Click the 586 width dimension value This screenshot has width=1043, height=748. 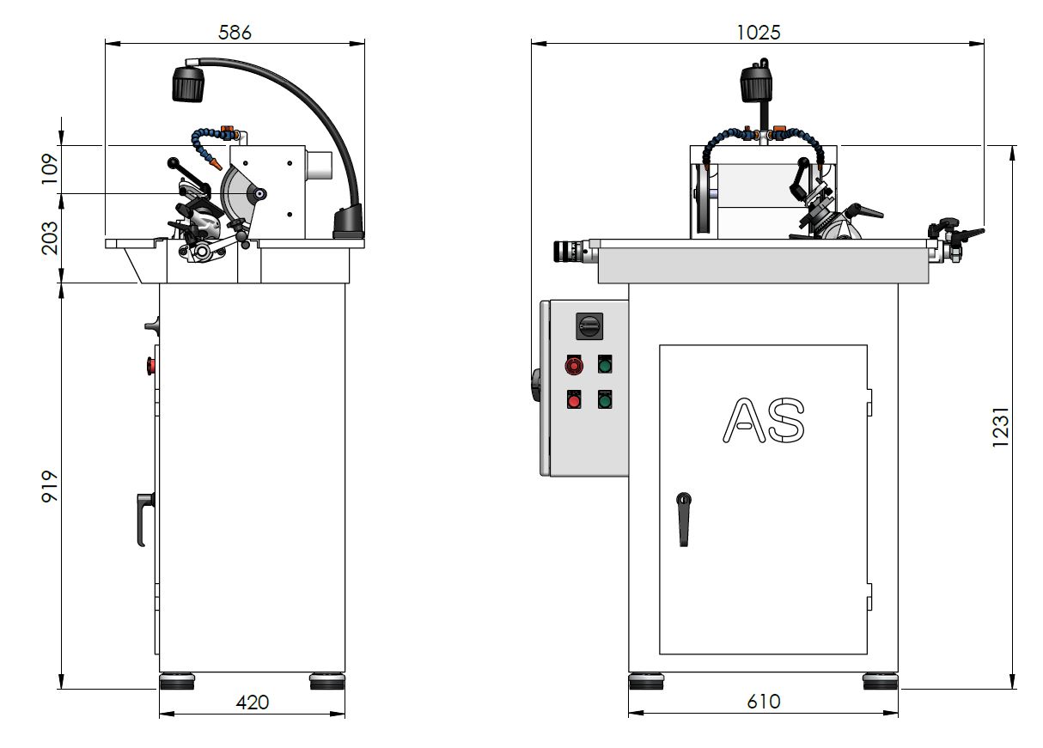tap(235, 33)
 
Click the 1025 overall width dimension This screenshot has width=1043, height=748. tap(758, 33)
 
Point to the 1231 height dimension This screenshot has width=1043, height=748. tap(1000, 427)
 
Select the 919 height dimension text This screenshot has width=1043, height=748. tap(50, 486)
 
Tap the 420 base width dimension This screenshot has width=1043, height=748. tap(253, 702)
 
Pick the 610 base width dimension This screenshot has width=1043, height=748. tap(764, 702)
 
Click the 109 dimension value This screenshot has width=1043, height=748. tap(50, 168)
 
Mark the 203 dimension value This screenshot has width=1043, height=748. tap(50, 238)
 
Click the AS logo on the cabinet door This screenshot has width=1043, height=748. tap(763, 420)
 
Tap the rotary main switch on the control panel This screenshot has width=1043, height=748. tap(589, 325)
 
